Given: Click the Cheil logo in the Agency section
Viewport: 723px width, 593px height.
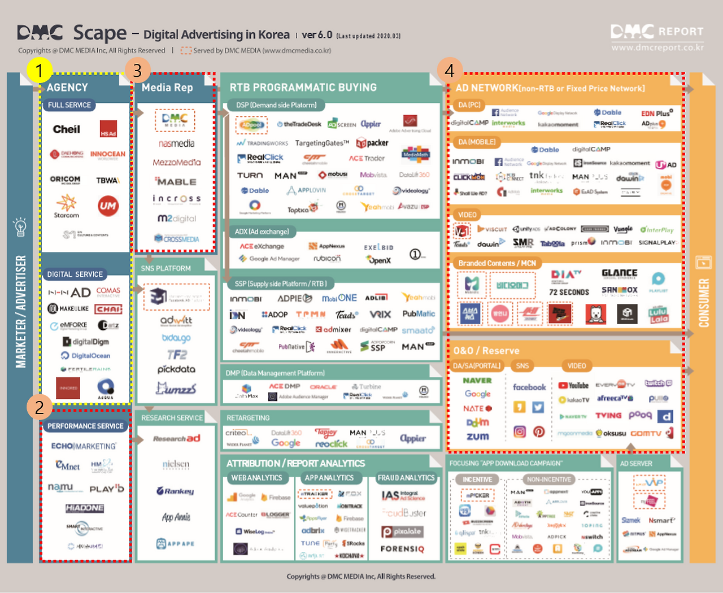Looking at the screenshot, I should [x=67, y=129].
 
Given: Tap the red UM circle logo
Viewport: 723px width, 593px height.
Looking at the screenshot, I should [x=108, y=206].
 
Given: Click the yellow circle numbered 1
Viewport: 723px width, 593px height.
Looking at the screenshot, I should [x=39, y=71].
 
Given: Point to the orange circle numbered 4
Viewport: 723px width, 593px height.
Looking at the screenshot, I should [x=450, y=71].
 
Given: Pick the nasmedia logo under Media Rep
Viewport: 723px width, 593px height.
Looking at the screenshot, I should [x=176, y=143].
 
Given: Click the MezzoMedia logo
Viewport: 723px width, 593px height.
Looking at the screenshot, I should [x=176, y=163].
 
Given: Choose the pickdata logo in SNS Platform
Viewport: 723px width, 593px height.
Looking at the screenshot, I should [x=176, y=369].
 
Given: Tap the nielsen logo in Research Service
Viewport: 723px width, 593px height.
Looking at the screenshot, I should [x=176, y=464].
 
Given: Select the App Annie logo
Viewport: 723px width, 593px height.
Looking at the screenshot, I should [x=176, y=517].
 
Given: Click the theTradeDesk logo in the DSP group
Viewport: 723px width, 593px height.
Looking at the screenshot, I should [x=299, y=124].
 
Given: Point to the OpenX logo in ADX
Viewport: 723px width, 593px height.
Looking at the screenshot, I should [x=379, y=260].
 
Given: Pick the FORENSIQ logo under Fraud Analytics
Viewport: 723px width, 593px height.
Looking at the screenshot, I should [x=402, y=548].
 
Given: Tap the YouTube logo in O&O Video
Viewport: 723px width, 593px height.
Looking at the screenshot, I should [x=573, y=386].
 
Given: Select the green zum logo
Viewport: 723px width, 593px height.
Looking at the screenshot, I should [x=477, y=437].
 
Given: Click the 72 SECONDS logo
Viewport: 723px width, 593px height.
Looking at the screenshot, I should [x=569, y=292].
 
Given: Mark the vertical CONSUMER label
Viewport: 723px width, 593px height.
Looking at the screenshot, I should [x=704, y=303].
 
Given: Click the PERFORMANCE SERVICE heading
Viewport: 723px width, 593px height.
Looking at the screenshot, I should [x=85, y=426].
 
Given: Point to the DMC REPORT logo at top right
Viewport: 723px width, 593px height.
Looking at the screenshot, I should [x=657, y=32].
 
